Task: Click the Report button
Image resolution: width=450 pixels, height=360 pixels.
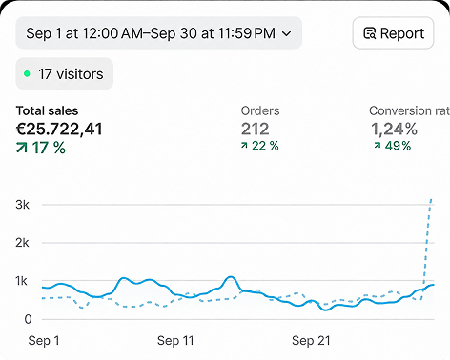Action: click(393, 33)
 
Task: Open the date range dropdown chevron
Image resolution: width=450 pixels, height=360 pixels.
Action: click(286, 33)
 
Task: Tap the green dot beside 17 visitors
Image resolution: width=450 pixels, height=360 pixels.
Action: click(27, 74)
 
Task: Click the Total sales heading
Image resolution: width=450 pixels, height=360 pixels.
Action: click(47, 110)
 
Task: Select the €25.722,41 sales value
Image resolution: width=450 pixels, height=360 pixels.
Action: click(59, 129)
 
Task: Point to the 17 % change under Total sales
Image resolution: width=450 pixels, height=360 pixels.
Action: click(41, 148)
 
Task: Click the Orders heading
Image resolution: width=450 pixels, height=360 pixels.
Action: click(260, 110)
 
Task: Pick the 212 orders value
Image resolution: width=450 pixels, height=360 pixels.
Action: click(255, 129)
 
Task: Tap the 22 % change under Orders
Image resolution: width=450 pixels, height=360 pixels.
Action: click(260, 146)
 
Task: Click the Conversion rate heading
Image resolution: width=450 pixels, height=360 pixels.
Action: click(409, 110)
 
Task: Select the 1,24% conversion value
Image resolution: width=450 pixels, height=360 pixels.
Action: click(394, 129)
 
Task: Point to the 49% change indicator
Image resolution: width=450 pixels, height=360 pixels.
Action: click(393, 146)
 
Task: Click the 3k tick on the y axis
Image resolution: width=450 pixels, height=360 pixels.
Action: click(22, 205)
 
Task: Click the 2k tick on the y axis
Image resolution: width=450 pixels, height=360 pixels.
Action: click(22, 243)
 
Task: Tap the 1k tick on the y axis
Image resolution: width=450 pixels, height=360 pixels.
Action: click(22, 281)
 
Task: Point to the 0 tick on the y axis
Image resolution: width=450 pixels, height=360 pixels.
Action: click(28, 319)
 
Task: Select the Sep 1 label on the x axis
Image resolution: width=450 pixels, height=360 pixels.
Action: click(44, 341)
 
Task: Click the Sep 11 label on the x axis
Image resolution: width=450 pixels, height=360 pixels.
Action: click(175, 341)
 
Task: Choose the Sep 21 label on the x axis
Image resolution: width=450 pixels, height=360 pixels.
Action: click(311, 341)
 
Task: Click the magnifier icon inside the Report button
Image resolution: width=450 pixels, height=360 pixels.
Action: click(370, 33)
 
